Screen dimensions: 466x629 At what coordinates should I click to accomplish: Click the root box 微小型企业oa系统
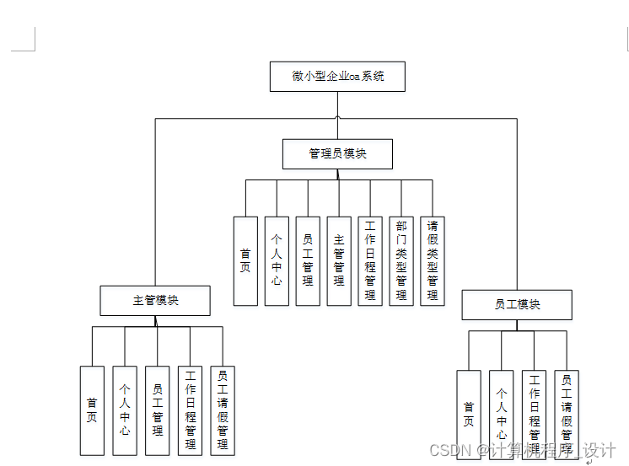click(337, 77)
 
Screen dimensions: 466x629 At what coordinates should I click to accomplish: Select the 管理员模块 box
click(337, 154)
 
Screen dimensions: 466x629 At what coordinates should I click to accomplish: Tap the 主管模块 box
click(155, 300)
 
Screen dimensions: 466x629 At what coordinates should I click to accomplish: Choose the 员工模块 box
click(517, 304)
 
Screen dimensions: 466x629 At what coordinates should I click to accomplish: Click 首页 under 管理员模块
click(245, 260)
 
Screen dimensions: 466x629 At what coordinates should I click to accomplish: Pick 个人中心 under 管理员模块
click(277, 260)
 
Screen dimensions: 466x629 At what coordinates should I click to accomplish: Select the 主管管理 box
click(339, 260)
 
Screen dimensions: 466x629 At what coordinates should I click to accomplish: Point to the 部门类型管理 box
click(401, 260)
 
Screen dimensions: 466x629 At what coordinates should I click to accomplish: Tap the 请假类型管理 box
click(433, 260)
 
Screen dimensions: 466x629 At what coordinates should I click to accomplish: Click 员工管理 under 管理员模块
click(308, 260)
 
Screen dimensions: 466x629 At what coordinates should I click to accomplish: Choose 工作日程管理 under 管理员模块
click(370, 260)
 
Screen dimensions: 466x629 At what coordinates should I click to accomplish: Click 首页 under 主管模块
click(92, 410)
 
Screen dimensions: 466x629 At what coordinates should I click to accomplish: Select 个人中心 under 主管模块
click(125, 410)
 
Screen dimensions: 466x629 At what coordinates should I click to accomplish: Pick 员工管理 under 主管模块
click(158, 410)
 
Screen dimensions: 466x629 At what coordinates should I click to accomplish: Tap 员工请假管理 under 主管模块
click(223, 410)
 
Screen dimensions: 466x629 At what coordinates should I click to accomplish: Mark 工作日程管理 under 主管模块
click(191, 410)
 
